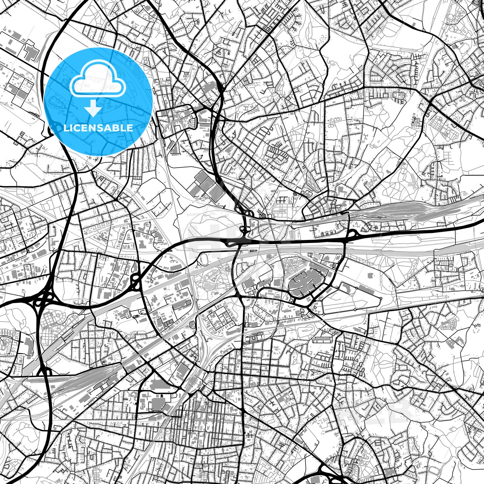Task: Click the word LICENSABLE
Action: pos(97,128)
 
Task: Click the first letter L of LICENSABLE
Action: pos(66,128)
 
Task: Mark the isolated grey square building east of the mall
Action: pos(370,276)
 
